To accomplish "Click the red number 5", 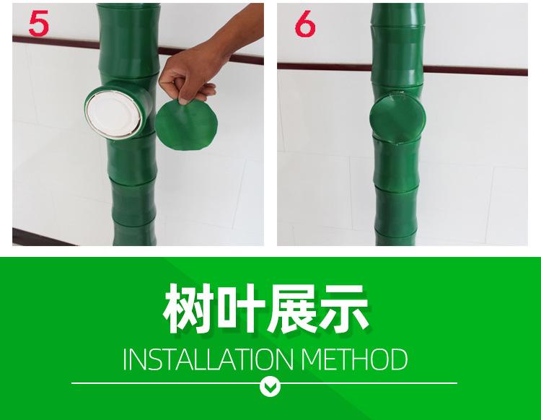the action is (39, 23).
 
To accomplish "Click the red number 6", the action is (305, 23).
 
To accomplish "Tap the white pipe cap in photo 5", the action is (113, 113).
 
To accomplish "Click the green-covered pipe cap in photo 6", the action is (397, 118).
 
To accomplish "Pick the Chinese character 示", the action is (344, 309).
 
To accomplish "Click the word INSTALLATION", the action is (208, 359).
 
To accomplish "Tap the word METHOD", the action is (354, 359).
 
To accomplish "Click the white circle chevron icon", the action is (270, 387).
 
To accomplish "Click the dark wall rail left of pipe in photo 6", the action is (325, 66).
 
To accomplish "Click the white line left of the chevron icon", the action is (166, 383).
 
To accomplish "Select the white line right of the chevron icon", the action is (369, 383).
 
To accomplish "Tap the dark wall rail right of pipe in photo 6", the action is (475, 71).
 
